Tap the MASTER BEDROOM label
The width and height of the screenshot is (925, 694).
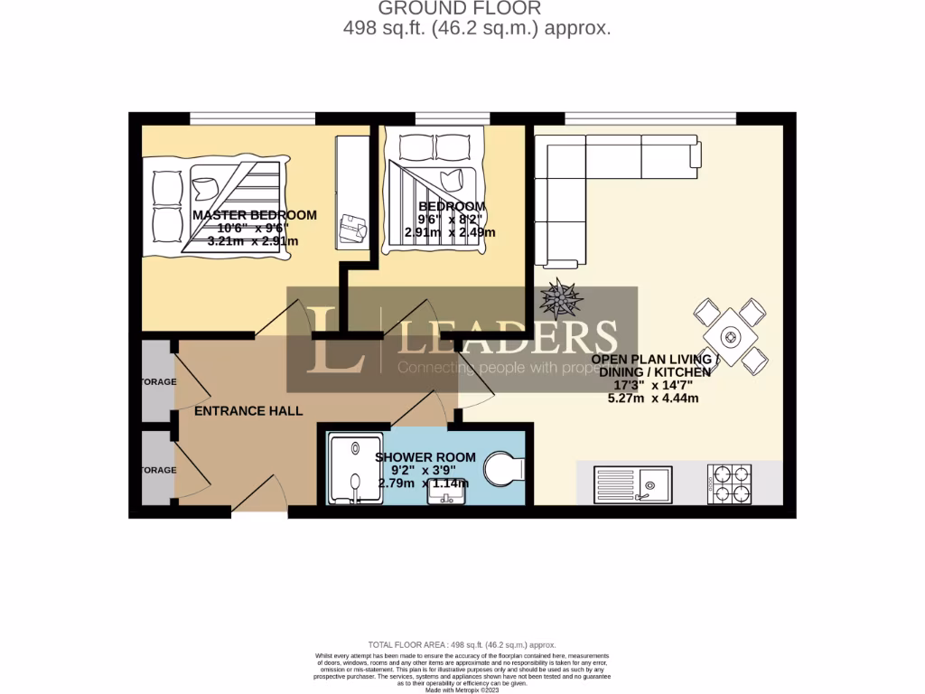click(255, 215)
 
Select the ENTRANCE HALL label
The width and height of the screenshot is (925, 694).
click(249, 411)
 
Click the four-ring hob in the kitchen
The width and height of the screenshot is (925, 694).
click(729, 483)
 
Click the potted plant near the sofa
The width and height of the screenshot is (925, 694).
click(560, 296)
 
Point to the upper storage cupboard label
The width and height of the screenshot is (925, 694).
click(158, 382)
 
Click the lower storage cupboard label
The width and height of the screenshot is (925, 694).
click(158, 470)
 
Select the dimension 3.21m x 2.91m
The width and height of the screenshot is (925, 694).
click(253, 241)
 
